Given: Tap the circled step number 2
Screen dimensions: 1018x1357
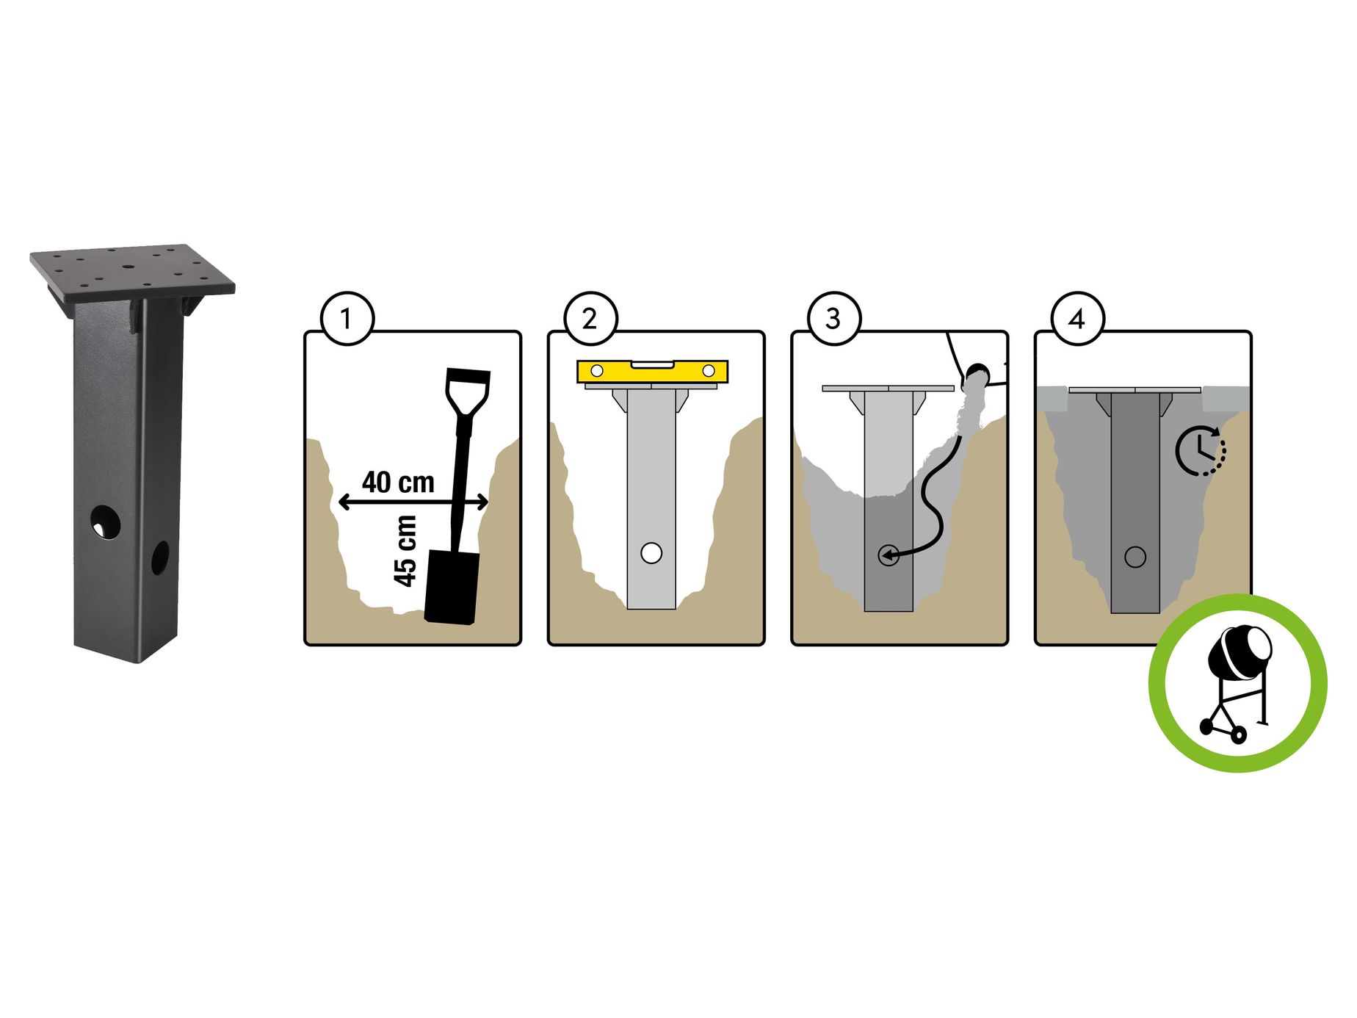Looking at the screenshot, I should click(590, 319).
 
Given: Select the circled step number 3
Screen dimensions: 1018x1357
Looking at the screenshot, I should click(833, 319).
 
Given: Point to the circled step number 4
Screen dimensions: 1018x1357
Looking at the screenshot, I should click(1077, 319).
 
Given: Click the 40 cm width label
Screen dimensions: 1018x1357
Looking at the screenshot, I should click(398, 483).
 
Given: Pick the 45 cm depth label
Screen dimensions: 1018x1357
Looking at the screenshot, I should click(405, 551).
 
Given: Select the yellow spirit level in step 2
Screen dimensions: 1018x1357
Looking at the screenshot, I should click(652, 372).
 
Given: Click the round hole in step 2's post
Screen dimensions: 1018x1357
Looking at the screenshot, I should click(651, 553).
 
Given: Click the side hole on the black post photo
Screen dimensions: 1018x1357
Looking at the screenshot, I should click(160, 558).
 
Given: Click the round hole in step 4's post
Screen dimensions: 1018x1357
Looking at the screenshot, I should click(1135, 557).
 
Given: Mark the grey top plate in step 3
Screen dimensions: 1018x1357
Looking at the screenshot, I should click(888, 388).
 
